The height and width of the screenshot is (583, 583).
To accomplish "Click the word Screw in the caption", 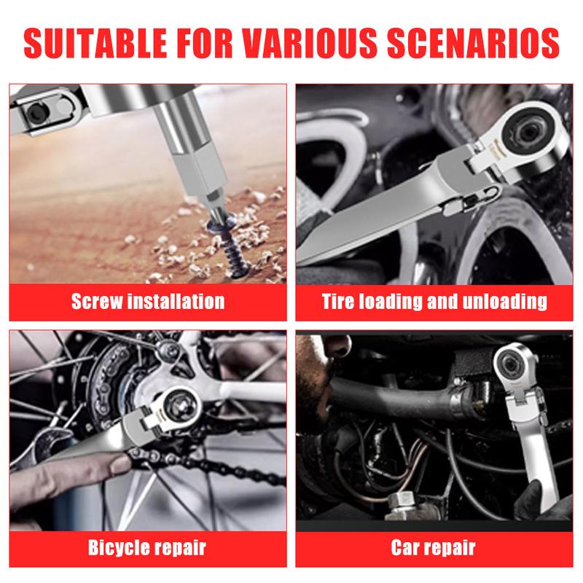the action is (97, 301).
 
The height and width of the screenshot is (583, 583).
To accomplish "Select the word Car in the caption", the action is (405, 548).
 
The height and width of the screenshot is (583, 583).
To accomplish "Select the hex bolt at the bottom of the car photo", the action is (404, 502).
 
